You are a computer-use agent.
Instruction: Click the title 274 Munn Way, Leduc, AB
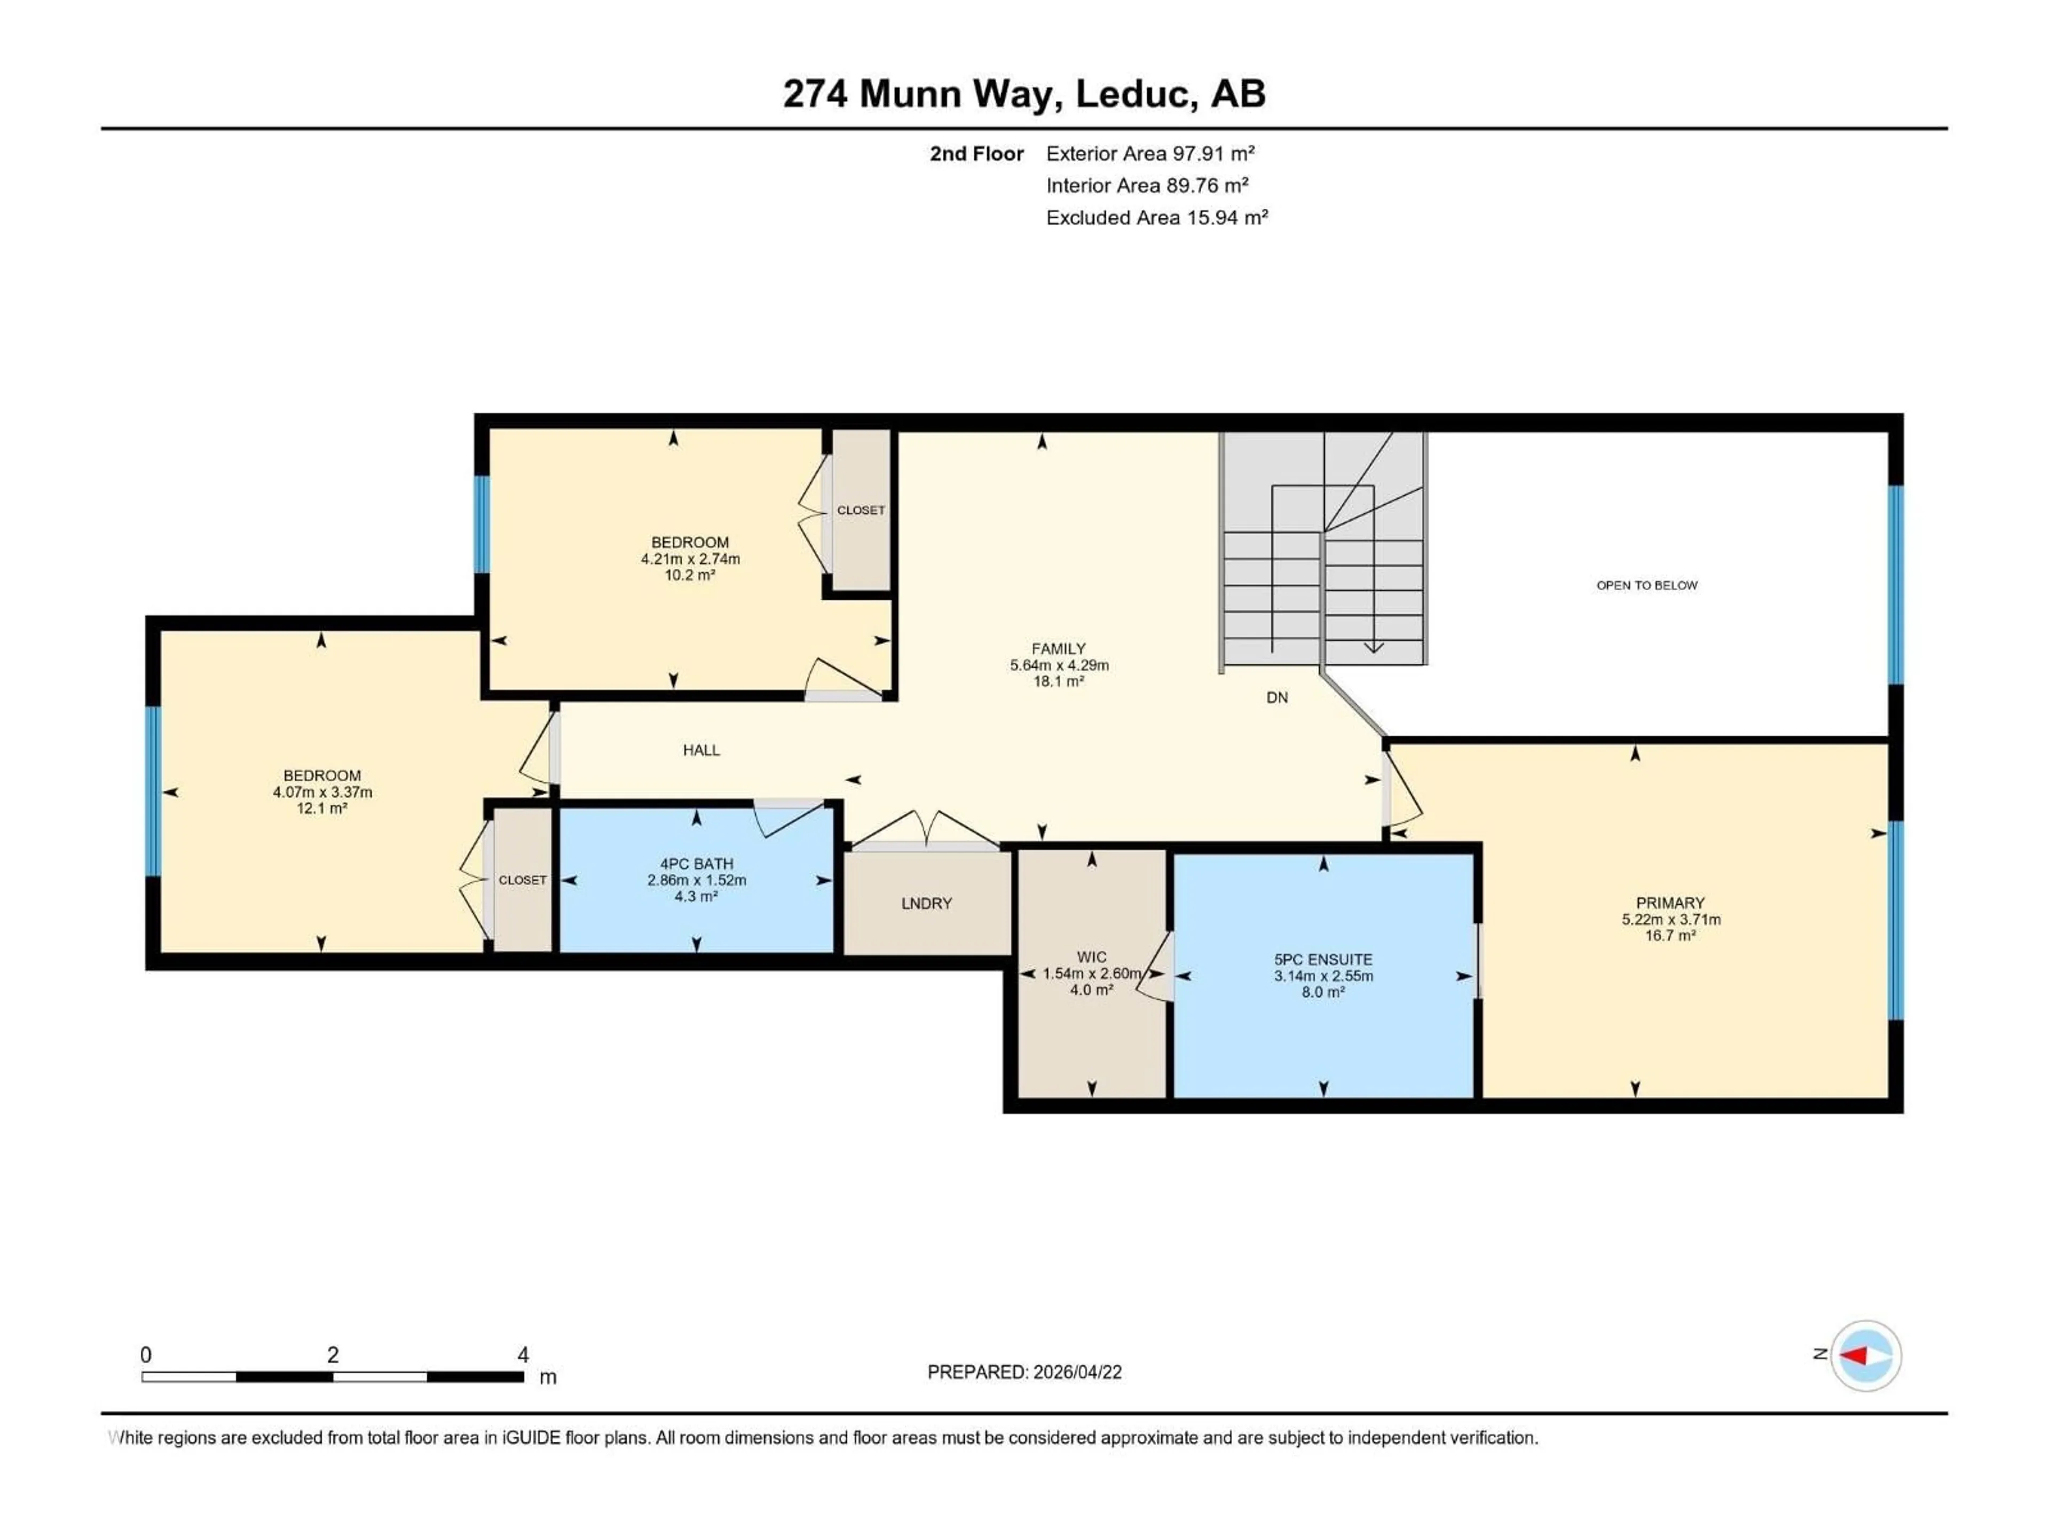tap(1023, 93)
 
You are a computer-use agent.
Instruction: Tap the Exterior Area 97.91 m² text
tap(1149, 154)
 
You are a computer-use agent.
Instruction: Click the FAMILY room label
tap(1058, 649)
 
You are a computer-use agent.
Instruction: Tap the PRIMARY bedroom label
tap(1670, 903)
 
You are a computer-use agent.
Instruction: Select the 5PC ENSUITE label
tap(1322, 960)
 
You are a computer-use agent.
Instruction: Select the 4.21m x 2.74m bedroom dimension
tap(690, 559)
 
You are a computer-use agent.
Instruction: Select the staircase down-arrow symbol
tap(1374, 647)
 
